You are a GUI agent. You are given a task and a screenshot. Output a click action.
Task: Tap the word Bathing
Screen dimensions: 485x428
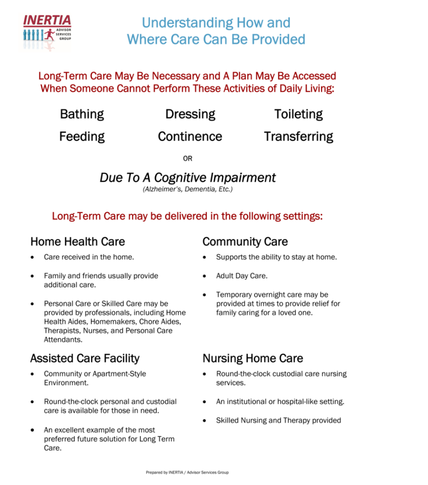click(x=82, y=114)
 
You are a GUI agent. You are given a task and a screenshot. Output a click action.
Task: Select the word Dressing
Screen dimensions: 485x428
click(x=190, y=114)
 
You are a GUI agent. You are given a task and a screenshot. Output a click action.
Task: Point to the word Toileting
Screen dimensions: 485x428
click(x=298, y=114)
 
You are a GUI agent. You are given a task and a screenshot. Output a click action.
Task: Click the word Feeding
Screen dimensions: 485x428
click(x=82, y=137)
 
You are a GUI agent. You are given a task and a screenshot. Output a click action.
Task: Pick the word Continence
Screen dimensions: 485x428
click(x=190, y=137)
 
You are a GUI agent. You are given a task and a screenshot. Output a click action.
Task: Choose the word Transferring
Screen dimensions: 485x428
click(x=298, y=137)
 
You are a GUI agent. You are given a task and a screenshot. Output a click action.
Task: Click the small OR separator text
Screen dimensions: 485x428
click(x=188, y=159)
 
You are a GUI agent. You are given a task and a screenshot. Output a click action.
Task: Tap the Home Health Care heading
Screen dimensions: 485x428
click(x=78, y=242)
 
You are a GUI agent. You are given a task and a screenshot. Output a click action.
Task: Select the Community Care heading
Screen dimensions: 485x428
click(x=245, y=242)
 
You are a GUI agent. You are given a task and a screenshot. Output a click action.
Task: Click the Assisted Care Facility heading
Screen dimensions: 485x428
click(x=85, y=358)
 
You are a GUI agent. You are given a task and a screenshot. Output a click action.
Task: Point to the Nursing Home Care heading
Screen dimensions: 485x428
click(x=253, y=358)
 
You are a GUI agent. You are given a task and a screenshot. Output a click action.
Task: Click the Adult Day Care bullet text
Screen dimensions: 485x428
click(x=242, y=276)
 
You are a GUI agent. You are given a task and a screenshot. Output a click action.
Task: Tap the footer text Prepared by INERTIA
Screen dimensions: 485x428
click(x=187, y=473)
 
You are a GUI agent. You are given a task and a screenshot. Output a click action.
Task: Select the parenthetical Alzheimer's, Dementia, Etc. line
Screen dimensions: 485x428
click(x=187, y=189)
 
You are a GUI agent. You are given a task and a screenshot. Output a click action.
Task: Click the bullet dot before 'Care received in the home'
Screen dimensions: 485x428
click(x=32, y=257)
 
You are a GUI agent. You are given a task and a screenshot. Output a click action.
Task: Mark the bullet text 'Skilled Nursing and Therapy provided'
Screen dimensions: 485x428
click(x=278, y=420)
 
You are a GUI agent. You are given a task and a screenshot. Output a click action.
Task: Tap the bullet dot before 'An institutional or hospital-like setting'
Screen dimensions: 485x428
click(x=204, y=402)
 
